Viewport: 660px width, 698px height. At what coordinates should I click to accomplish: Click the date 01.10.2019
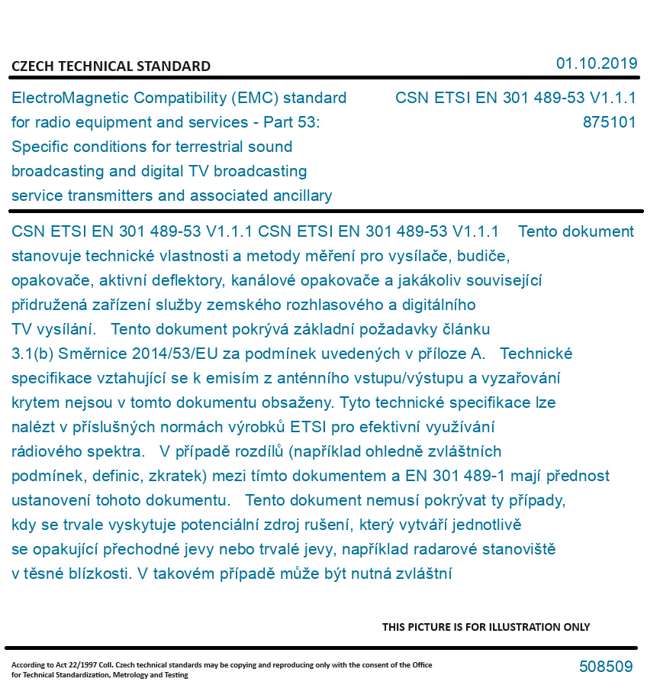[596, 63]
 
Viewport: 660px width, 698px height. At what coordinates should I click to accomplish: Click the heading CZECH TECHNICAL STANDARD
[111, 66]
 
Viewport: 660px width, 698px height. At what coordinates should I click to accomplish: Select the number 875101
[609, 122]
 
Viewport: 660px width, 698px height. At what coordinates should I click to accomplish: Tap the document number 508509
[605, 667]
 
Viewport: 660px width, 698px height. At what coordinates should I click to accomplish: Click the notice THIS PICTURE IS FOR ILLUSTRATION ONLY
[486, 627]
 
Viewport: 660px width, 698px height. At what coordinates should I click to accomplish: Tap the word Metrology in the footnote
[146, 675]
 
